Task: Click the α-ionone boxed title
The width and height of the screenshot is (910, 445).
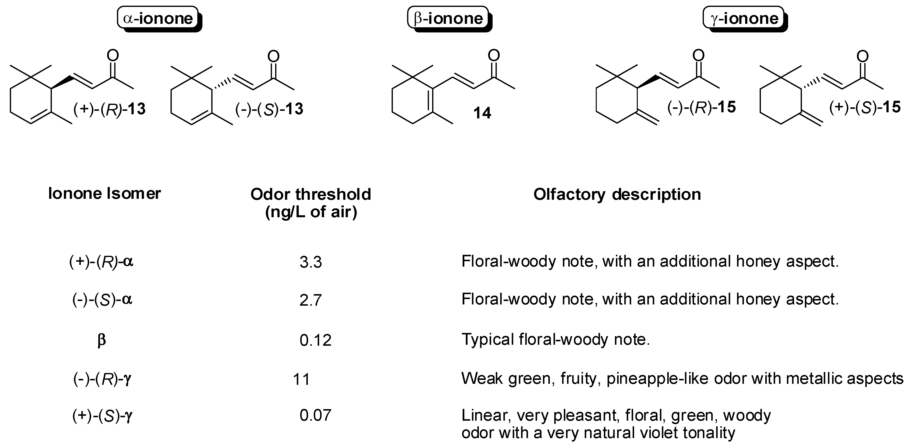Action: pyautogui.click(x=158, y=18)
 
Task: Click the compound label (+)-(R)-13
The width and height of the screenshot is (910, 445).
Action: pyautogui.click(x=110, y=109)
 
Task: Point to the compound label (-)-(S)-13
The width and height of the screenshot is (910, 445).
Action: pyautogui.click(x=269, y=109)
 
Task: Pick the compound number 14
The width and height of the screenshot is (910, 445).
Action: pyautogui.click(x=482, y=113)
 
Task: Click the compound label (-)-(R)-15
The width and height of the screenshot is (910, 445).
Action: pyautogui.click(x=701, y=107)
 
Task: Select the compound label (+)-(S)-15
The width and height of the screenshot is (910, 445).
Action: pyautogui.click(x=865, y=107)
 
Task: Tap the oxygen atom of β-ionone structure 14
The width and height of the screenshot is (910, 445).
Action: pyautogui.click(x=494, y=56)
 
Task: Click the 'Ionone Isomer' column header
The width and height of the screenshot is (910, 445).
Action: pyautogui.click(x=105, y=193)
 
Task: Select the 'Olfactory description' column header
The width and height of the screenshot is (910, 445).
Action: pyautogui.click(x=617, y=194)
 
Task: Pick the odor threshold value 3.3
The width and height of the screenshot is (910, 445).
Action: pyautogui.click(x=311, y=262)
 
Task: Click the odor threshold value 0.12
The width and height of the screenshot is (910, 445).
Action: pyautogui.click(x=315, y=340)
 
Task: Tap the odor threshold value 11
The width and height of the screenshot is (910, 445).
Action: pyautogui.click(x=301, y=379)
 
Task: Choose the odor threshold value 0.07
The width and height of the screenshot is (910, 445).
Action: pyautogui.click(x=315, y=415)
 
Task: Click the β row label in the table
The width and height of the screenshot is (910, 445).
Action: pyautogui.click(x=101, y=340)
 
